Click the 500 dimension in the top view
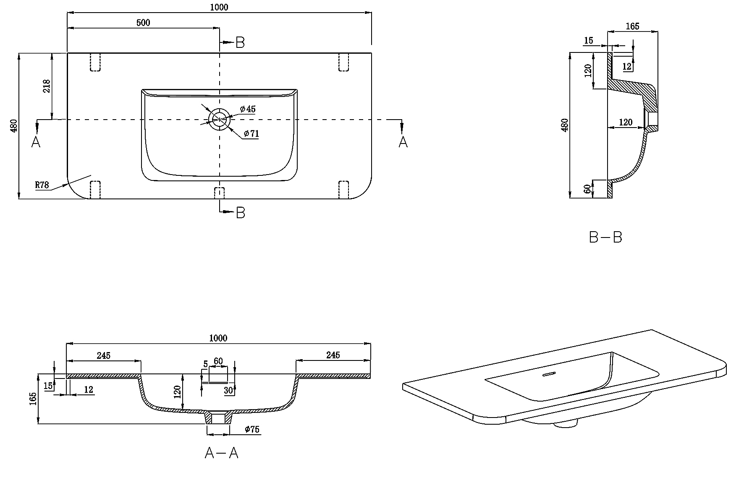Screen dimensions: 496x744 (x=143, y=23)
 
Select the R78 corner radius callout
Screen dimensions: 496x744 (x=42, y=185)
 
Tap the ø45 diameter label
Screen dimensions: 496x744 (x=248, y=109)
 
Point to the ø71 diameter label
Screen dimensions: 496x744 (x=251, y=134)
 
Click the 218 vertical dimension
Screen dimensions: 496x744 (x=47, y=86)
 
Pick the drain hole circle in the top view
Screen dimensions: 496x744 (x=220, y=119)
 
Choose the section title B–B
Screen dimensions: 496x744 (x=605, y=238)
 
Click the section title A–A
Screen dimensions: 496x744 (x=221, y=453)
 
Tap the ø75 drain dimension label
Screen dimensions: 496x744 (x=252, y=429)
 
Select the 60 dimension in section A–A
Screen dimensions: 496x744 (x=218, y=361)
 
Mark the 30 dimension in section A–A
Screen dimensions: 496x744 (x=229, y=390)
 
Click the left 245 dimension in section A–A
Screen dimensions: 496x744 (x=104, y=355)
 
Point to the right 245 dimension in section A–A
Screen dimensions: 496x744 (x=333, y=355)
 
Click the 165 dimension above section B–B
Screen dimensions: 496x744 (x=632, y=26)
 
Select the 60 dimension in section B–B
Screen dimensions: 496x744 (x=588, y=189)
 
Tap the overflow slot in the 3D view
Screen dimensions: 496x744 (x=549, y=374)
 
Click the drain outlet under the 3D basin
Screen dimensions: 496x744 (x=566, y=425)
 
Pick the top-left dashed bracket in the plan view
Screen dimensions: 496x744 (x=95, y=62)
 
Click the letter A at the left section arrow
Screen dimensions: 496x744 (x=36, y=142)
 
